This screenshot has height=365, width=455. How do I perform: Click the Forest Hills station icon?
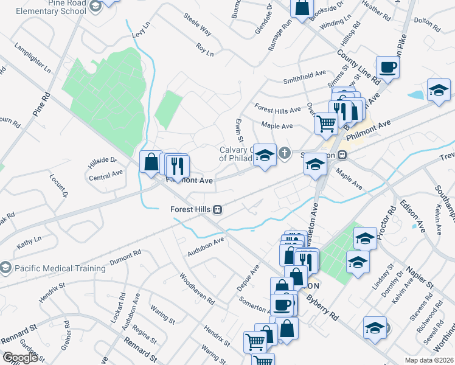pos(217,209)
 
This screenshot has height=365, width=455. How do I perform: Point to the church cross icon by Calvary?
pos(285,152)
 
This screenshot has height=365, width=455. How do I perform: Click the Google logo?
pos(20,358)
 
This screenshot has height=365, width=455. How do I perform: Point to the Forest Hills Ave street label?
pos(277,110)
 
